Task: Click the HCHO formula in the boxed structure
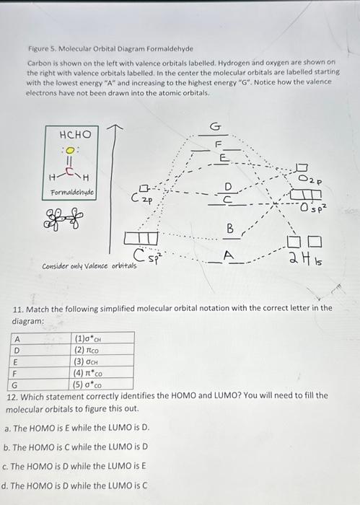(x=75, y=135)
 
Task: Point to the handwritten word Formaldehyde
(x=73, y=193)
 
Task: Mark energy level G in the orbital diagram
(x=214, y=128)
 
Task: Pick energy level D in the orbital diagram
(x=228, y=187)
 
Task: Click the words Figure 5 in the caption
(x=41, y=49)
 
